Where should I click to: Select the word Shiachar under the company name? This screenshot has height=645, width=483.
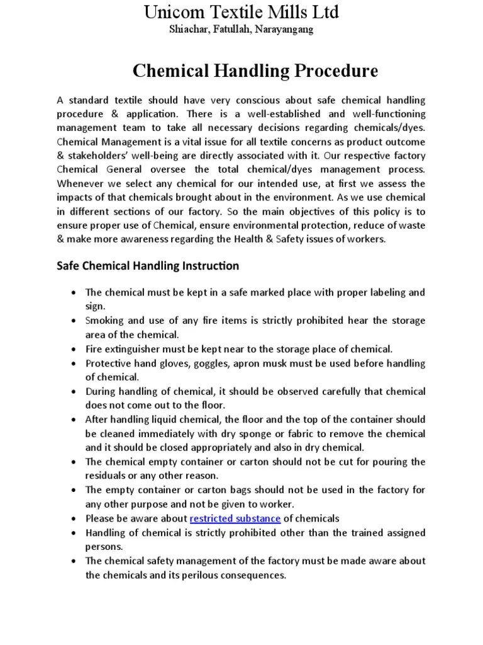coord(191,29)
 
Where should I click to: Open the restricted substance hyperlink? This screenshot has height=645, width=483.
coord(235,518)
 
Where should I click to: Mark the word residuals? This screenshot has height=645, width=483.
coord(106,475)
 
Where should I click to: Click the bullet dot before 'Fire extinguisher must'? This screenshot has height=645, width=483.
coord(74,349)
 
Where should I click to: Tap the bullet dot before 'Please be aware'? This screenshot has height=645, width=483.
coord(74,519)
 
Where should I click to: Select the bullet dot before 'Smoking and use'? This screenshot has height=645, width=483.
coord(74,321)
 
